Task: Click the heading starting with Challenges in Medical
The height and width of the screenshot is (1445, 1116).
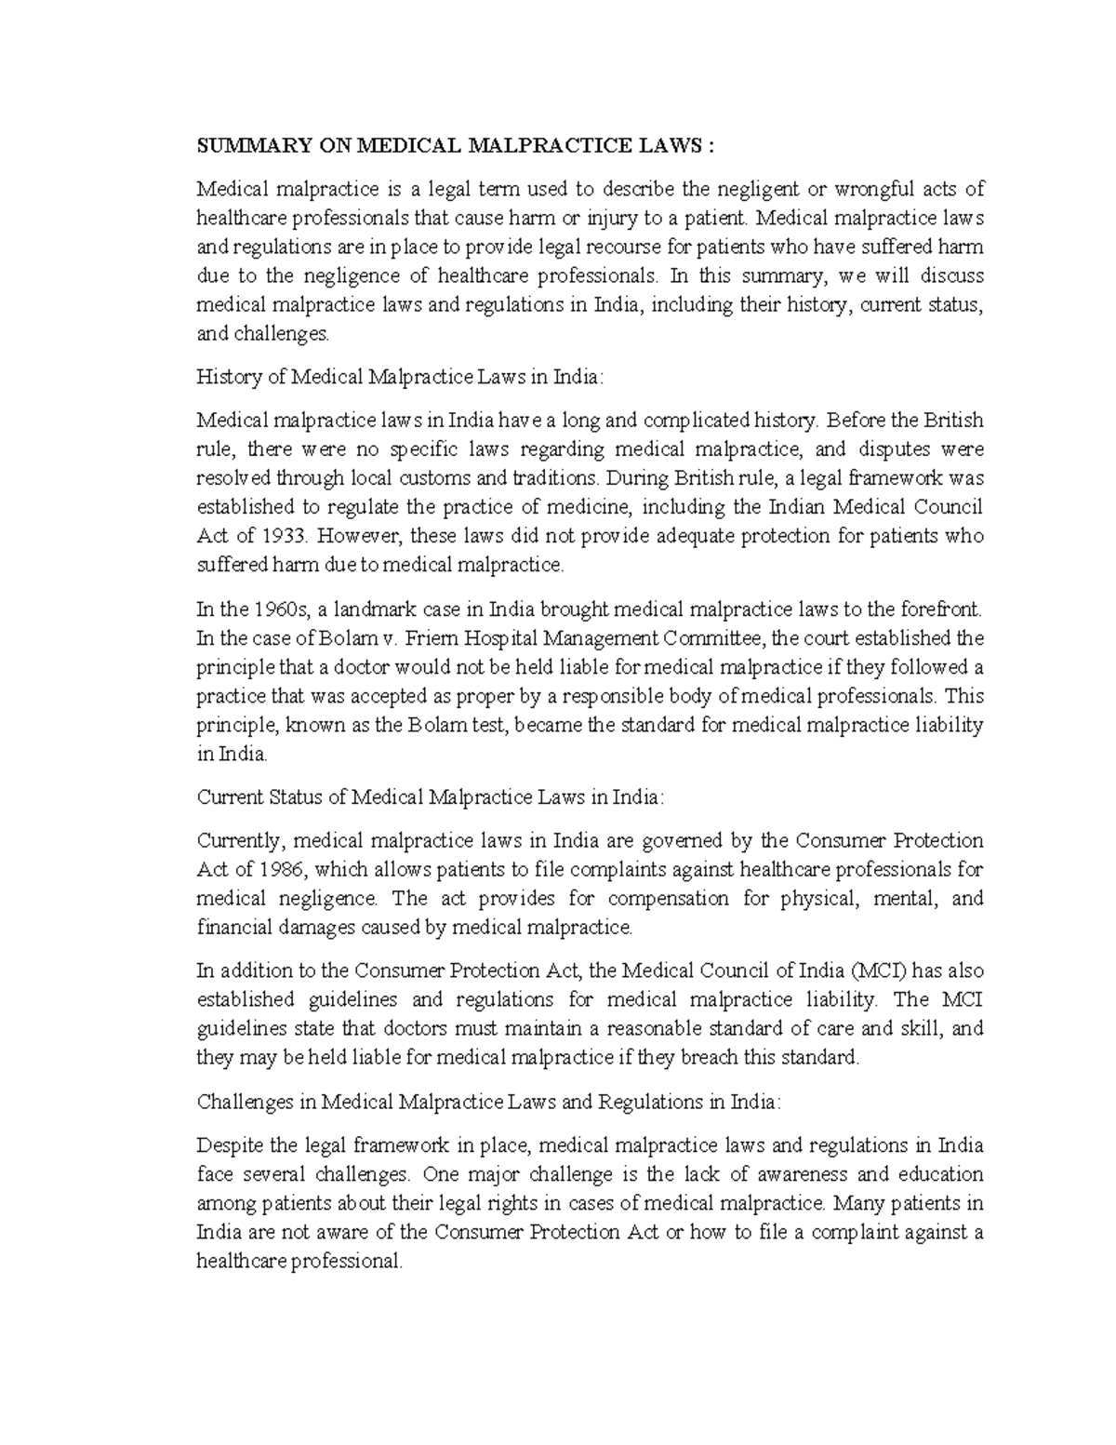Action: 489,1103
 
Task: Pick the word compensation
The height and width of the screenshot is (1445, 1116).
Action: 668,899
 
